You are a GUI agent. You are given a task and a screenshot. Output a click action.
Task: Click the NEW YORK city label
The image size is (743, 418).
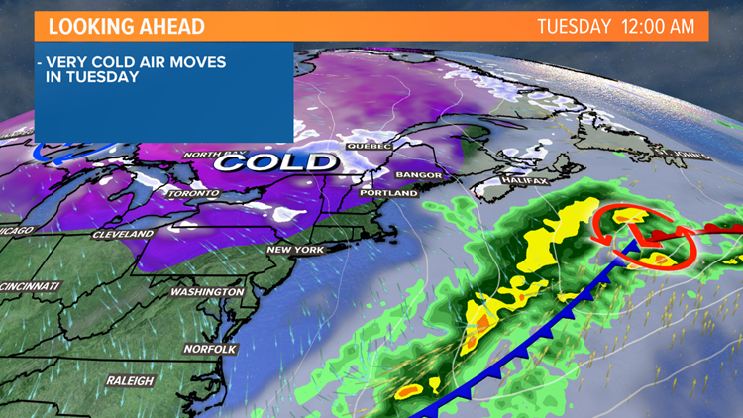coord(295,250)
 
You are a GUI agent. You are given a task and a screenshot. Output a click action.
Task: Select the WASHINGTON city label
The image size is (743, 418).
coord(207,292)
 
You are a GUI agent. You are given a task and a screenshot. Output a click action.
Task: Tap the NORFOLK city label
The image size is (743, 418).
coord(209,349)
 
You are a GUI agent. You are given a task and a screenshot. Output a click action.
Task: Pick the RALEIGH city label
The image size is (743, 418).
coord(131,381)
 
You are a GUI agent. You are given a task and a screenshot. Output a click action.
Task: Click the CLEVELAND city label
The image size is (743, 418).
coord(123,234)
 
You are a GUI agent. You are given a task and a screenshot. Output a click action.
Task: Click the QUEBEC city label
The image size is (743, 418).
coord(370,146)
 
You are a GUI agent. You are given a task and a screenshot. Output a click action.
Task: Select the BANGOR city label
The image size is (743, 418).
coord(417,175)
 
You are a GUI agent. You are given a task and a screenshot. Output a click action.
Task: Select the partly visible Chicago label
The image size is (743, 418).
coord(18,230)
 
